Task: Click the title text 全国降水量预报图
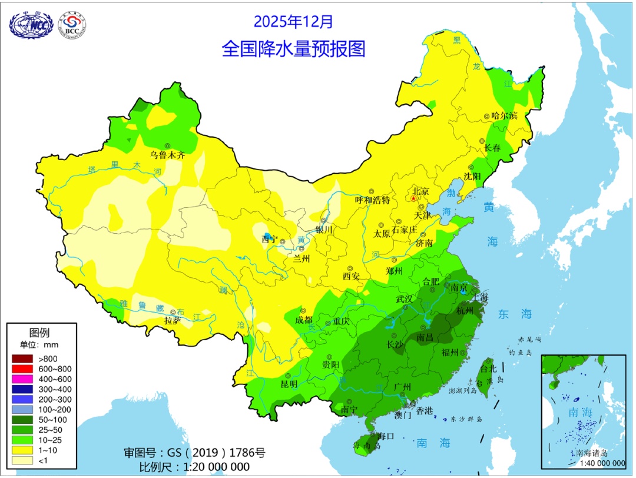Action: (293, 49)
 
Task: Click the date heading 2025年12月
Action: (293, 22)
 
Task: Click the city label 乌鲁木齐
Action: (168, 155)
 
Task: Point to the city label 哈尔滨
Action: (504, 116)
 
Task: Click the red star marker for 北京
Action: (414, 199)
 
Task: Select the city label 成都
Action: (303, 321)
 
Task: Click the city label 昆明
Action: (289, 384)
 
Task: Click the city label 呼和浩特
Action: (372, 200)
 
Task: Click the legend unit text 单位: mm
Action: (39, 344)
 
